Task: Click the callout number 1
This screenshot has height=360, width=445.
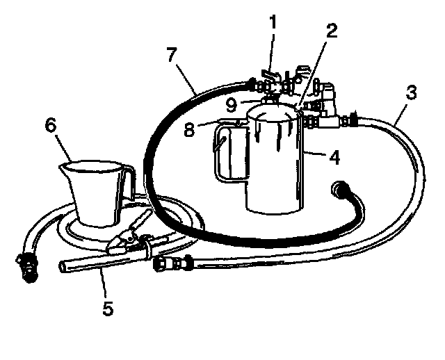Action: coord(273,23)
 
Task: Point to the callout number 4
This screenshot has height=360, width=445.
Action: coord(334,157)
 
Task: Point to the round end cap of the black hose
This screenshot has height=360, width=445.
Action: coord(341,188)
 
